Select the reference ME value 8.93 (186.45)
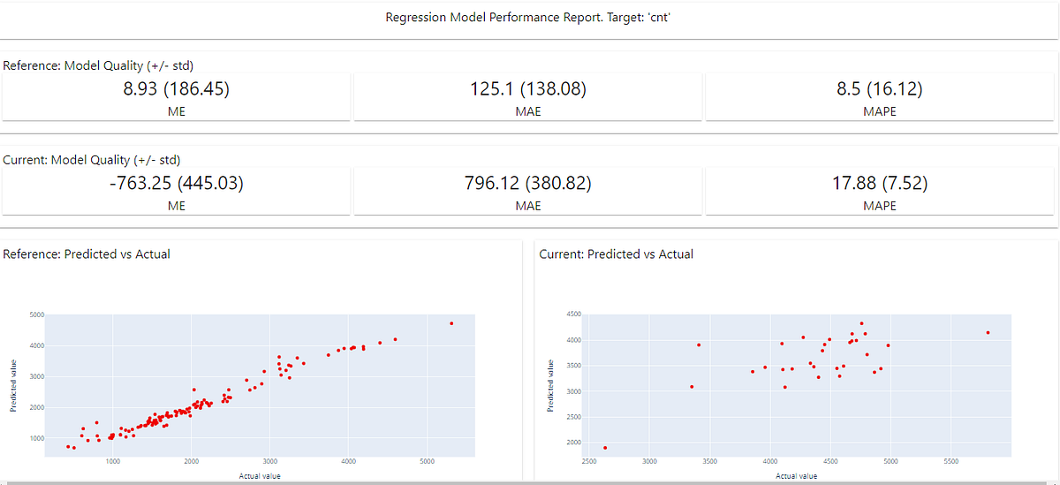pos(176,88)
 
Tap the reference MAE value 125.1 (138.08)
pos(527,88)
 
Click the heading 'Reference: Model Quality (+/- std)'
pos(98,65)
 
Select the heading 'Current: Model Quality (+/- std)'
pos(92,160)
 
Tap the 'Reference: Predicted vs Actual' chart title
pos(87,254)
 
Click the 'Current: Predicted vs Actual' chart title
pos(616,254)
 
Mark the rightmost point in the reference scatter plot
pos(451,323)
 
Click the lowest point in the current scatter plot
pos(605,448)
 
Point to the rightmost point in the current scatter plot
pos(988,332)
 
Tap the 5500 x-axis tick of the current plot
pos(951,461)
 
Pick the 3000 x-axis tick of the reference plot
pos(270,461)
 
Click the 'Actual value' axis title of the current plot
pos(796,476)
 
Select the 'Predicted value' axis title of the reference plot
pos(12,386)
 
